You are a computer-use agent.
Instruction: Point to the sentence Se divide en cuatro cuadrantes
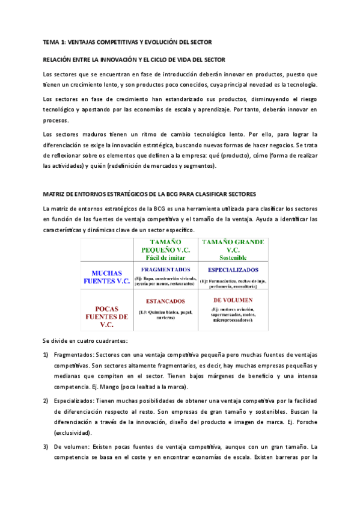(x=85, y=340)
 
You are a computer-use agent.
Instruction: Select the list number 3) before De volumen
(x=46, y=447)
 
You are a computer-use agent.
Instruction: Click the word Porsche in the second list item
(x=304, y=422)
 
